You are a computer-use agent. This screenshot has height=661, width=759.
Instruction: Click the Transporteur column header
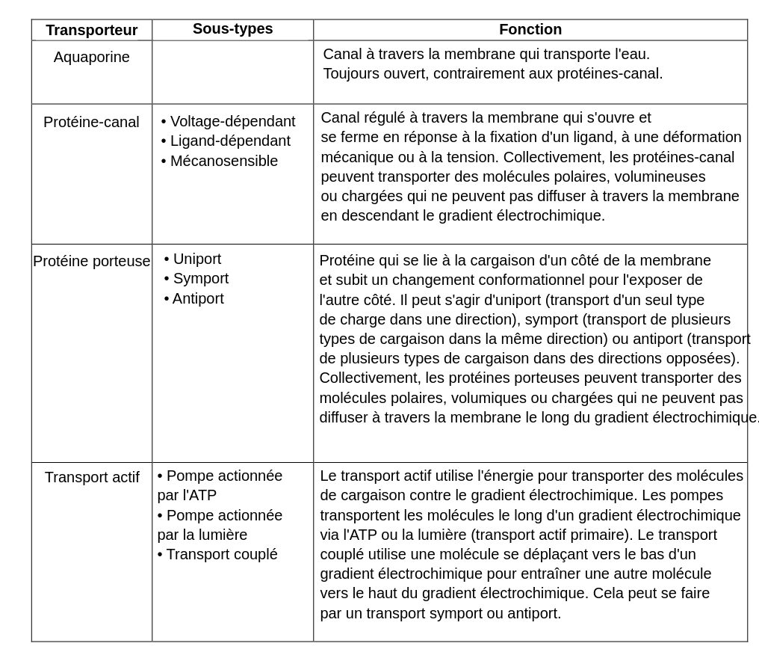click(91, 31)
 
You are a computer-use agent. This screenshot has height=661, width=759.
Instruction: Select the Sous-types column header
click(232, 29)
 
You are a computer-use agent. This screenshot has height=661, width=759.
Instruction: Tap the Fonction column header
click(530, 30)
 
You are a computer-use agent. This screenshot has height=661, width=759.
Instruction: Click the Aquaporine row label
click(91, 58)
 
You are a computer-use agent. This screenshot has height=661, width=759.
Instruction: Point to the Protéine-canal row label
click(91, 122)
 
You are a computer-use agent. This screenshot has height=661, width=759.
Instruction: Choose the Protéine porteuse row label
click(91, 261)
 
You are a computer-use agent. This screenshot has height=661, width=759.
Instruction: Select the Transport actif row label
click(91, 477)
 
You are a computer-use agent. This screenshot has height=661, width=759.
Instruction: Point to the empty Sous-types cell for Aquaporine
click(232, 72)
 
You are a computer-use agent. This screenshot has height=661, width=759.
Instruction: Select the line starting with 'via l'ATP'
click(518, 535)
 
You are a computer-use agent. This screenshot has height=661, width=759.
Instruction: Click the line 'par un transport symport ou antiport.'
click(440, 613)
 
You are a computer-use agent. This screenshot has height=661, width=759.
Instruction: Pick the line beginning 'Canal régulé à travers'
click(486, 117)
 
